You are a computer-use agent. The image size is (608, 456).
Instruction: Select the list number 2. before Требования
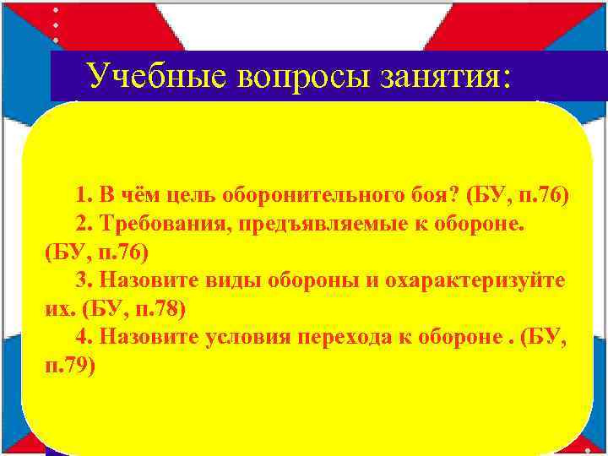[84, 224]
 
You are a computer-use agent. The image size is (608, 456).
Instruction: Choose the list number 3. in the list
[84, 280]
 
